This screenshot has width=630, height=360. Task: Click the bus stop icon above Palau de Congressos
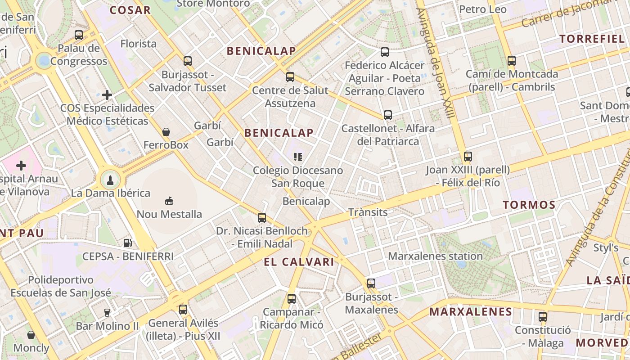[79, 35]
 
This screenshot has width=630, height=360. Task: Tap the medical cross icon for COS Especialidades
[107, 95]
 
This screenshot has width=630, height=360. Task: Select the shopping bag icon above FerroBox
[166, 132]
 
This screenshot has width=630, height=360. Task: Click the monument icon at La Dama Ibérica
[110, 180]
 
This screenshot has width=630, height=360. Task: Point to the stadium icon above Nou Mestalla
[169, 201]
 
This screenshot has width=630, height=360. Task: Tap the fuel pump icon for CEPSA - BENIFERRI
[128, 243]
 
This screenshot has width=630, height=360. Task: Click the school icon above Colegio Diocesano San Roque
[297, 157]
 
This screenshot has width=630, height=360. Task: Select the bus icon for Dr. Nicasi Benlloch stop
[262, 218]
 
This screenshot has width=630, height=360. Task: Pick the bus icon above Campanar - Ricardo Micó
[292, 298]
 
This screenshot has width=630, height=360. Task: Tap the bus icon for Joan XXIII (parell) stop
[468, 157]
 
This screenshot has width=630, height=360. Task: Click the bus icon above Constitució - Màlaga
[543, 316]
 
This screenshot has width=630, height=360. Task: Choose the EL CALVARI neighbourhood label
[299, 262]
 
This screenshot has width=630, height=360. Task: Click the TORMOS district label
[529, 205]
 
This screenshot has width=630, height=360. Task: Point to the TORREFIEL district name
[592, 39]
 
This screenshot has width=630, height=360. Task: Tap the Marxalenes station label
[435, 256]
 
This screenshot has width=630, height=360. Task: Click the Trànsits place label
[368, 212]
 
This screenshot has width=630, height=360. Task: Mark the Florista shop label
[139, 44]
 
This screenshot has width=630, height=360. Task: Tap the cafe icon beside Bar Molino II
[107, 312]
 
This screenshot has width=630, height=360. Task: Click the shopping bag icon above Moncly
[31, 335]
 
